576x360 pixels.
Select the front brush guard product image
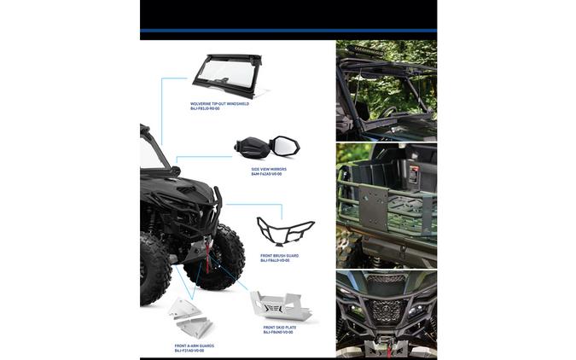pyautogui.click(x=285, y=232)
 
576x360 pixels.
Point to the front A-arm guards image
pyautogui.click(x=192, y=319)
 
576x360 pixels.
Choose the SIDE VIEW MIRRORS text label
pyautogui.click(x=269, y=169)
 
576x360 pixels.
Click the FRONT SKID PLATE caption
pyautogui.click(x=280, y=327)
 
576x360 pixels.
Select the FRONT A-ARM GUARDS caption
pyautogui.click(x=194, y=345)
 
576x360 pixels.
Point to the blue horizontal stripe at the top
pyautogui.click(x=288, y=31)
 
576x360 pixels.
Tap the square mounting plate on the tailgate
pyautogui.click(x=373, y=206)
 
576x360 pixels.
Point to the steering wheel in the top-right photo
pyautogui.click(x=388, y=111)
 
